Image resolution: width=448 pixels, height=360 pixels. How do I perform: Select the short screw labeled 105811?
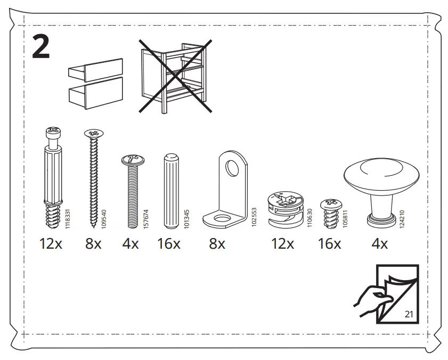[x=329, y=211]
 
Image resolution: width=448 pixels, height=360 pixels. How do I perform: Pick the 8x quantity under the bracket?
[x=217, y=244]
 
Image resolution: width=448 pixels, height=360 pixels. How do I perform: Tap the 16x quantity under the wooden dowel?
[x=169, y=244]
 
